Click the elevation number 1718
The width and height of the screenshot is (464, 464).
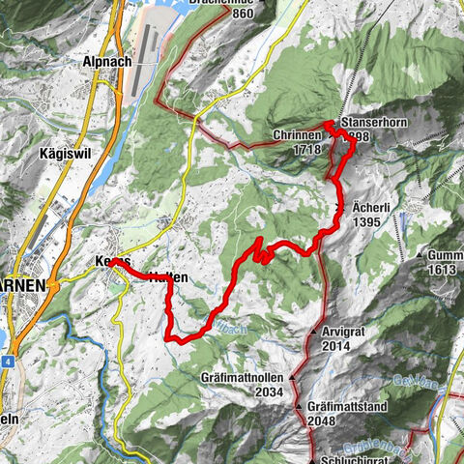coord(306,151)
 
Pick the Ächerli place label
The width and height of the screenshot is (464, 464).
coord(367,209)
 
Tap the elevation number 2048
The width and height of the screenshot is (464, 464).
coord(328,421)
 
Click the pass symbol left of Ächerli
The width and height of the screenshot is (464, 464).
coord(339,209)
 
